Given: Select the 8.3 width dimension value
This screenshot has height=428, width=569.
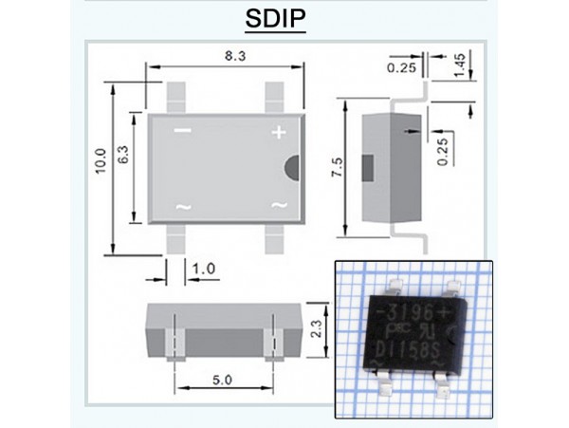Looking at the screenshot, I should coord(225,57).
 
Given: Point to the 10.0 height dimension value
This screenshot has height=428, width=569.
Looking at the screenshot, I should coord(101,167).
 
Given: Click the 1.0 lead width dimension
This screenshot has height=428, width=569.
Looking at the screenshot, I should coord(203,269).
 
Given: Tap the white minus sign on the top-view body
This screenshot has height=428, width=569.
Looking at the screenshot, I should coord(183,130).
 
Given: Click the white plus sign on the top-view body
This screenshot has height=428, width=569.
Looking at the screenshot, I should coord(279,133).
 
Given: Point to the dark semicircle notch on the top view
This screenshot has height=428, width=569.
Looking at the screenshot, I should coord(292,165).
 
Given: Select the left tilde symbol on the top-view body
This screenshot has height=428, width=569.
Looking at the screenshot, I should coord(183,206).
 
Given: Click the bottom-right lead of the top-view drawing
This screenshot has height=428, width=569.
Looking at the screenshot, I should coord(274,239).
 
